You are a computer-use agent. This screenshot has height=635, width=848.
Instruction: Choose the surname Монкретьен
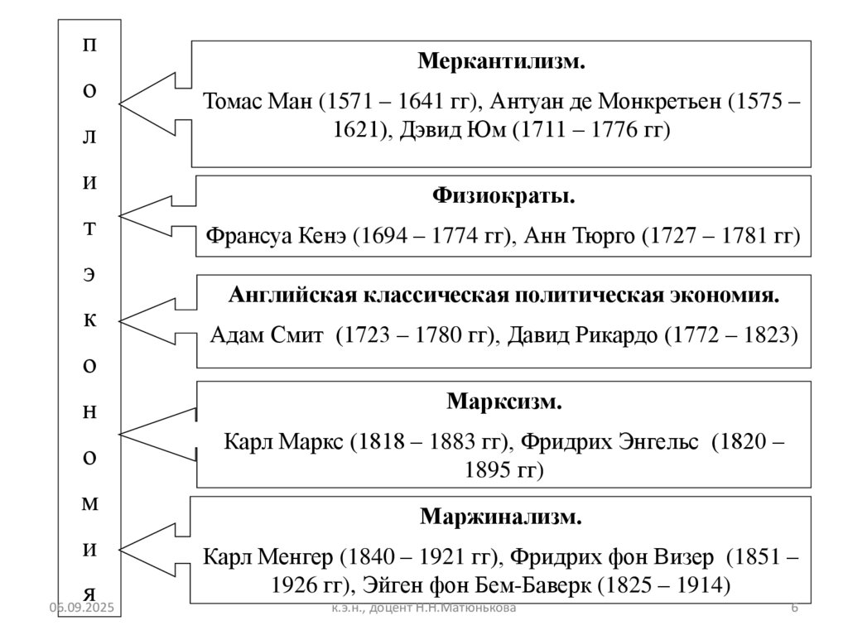[x=665, y=101]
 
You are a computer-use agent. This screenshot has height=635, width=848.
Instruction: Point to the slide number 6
[x=794, y=609]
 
